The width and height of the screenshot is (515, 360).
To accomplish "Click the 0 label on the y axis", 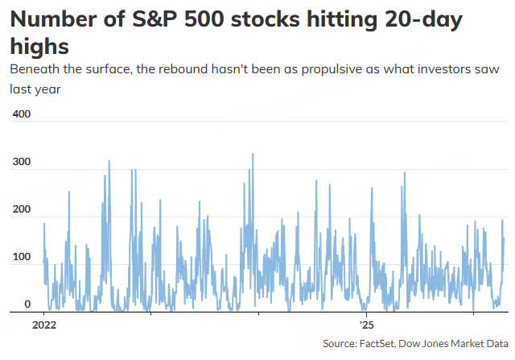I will pos(27,304).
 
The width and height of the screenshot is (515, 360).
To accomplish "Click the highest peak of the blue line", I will pos(253,154).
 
